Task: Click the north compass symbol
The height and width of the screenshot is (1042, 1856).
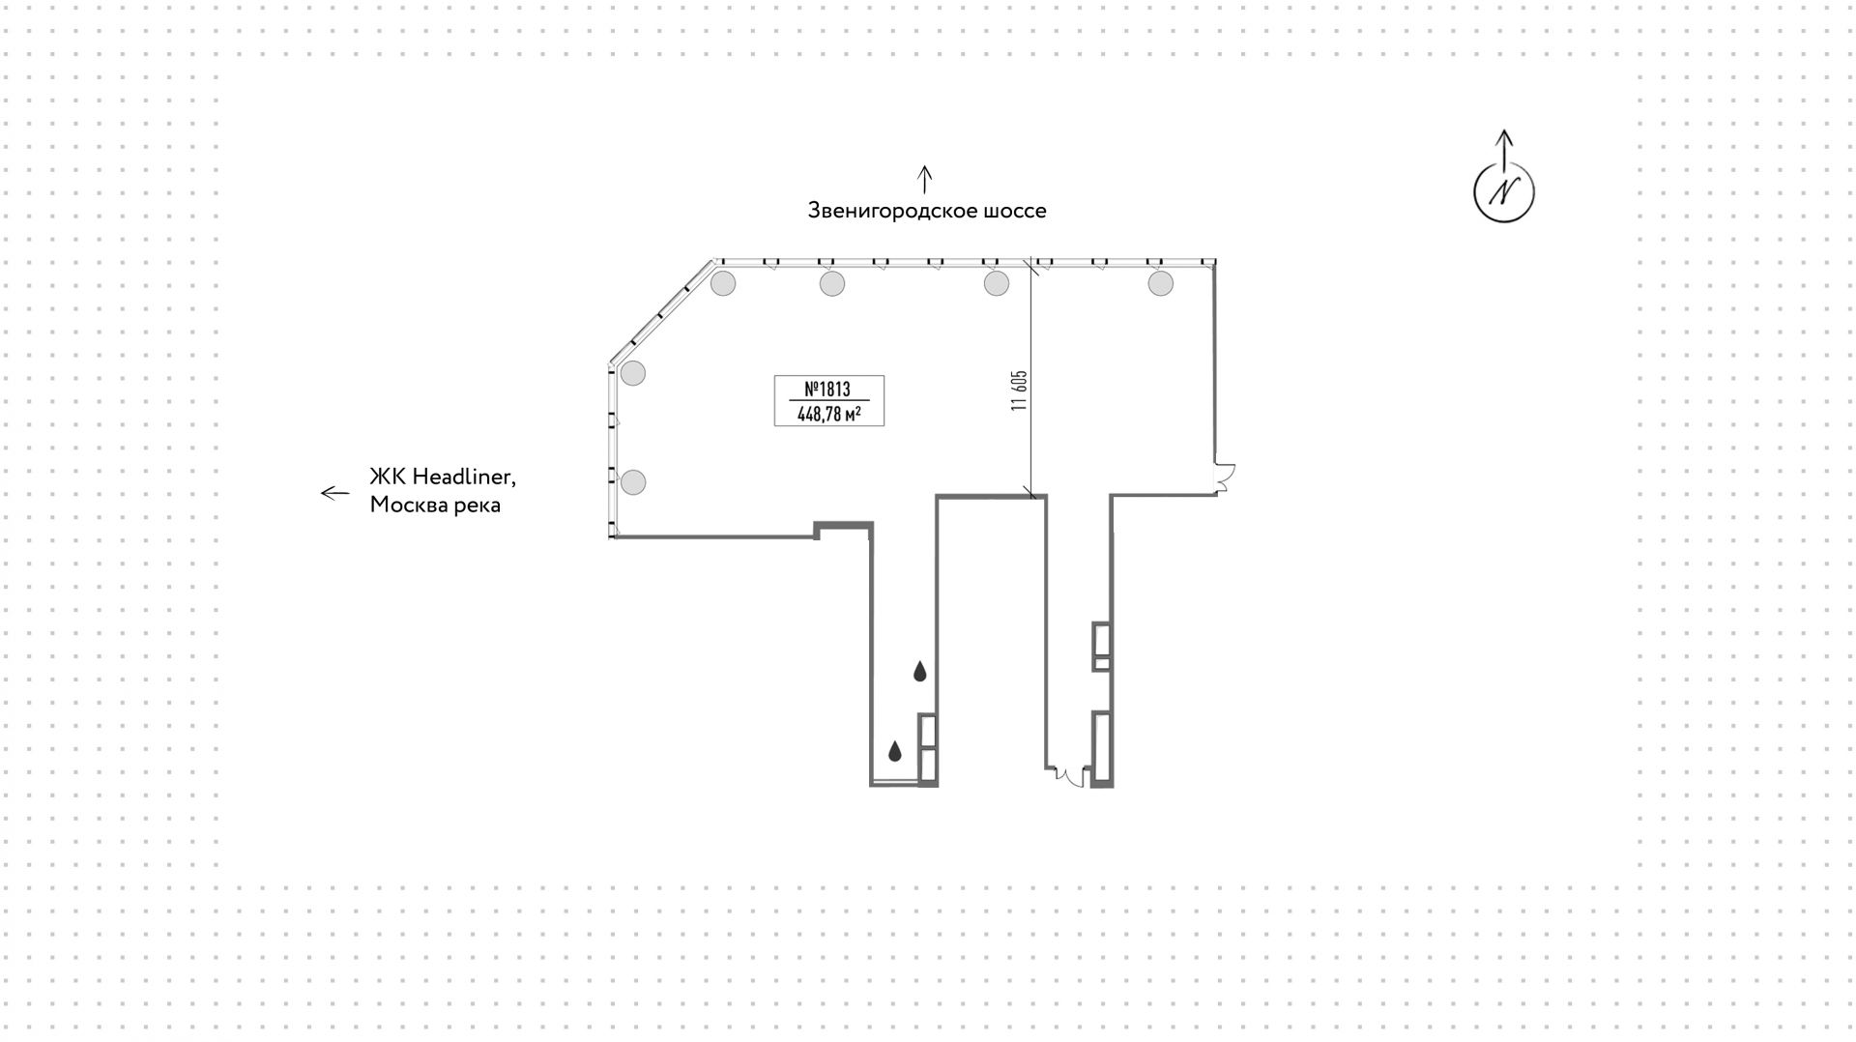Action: coord(1503,191)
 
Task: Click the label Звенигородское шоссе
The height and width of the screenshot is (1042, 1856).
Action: coord(926,211)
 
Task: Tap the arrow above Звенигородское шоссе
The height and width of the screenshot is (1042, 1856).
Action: coord(925,179)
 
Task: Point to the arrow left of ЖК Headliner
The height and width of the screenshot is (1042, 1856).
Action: coord(334,493)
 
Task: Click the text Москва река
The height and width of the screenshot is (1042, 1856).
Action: coord(435,505)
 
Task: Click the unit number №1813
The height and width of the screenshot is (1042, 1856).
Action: coord(827,389)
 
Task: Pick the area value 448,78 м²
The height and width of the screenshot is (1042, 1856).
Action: coord(828,415)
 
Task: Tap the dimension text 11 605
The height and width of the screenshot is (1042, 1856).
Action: coord(1019,391)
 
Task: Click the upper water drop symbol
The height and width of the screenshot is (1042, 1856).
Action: coord(920,671)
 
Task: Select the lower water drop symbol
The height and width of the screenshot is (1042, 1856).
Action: coord(895,750)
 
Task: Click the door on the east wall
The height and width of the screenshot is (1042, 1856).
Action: coord(1225,478)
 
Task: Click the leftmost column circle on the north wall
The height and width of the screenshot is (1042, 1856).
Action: coord(723,283)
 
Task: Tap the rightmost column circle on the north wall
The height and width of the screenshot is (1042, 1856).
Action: coord(1160,283)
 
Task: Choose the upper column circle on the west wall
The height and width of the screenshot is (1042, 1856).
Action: coord(633,373)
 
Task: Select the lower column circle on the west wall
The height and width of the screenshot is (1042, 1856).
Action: coord(633,481)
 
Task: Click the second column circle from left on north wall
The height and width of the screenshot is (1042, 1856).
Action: coord(832,283)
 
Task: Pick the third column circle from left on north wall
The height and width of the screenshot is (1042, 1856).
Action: coord(996,283)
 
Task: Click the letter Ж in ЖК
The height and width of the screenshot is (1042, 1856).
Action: coord(379,477)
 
